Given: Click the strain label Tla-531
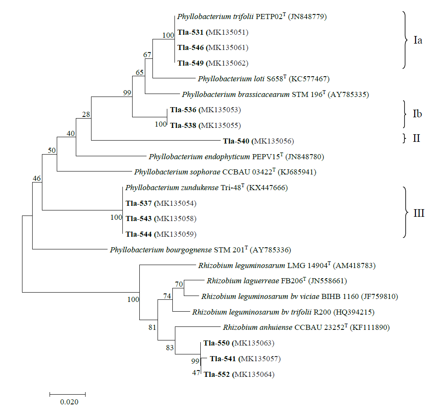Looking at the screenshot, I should [191, 32].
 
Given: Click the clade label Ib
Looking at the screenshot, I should [417, 114].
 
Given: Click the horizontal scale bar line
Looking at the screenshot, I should [68, 394].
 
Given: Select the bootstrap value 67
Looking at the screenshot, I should [147, 55].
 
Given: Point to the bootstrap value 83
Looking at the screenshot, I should [170, 348].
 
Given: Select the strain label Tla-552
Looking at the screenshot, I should [217, 374].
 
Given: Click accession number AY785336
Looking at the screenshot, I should [271, 250].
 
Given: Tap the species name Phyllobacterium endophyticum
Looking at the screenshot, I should [199, 157].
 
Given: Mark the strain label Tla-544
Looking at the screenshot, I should [138, 234].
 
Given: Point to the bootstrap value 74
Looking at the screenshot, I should [168, 296].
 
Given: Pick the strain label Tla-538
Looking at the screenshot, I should [183, 125].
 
